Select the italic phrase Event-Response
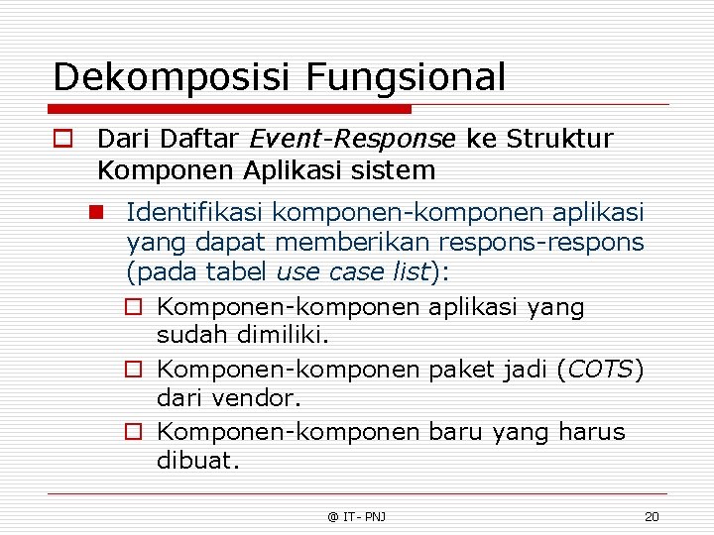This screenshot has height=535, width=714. [x=352, y=139]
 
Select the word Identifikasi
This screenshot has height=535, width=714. [x=195, y=212]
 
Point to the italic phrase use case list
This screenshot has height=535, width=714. [x=353, y=271]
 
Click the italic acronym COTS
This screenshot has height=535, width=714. [x=600, y=370]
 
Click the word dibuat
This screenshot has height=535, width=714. [x=198, y=461]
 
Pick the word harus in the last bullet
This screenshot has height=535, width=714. [x=592, y=432]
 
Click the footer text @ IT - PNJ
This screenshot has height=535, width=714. [x=357, y=516]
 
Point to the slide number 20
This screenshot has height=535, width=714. [x=652, y=516]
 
